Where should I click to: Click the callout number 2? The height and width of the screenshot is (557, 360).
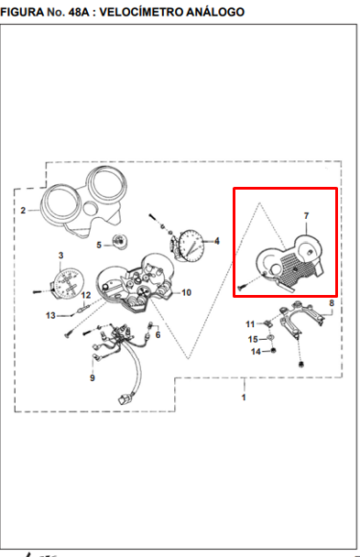point(23,211)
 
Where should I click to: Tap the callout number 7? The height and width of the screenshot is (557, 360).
point(306,215)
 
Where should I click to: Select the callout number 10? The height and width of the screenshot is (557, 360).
point(186,293)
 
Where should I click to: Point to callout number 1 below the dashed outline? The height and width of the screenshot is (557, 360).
point(244,397)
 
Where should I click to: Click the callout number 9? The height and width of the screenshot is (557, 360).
point(93,377)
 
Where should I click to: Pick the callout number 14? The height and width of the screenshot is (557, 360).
point(256,352)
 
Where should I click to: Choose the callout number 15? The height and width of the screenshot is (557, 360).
point(253,340)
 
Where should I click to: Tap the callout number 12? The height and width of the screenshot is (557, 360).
point(86,296)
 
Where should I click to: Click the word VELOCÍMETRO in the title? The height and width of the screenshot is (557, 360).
point(144,12)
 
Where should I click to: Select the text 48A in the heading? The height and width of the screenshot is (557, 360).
point(77,12)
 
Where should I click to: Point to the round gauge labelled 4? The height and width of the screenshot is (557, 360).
point(191,245)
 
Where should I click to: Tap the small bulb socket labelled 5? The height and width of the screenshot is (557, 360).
point(119,241)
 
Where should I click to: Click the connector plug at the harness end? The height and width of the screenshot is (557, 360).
point(125,399)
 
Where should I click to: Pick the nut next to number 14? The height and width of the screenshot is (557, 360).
point(273,351)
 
